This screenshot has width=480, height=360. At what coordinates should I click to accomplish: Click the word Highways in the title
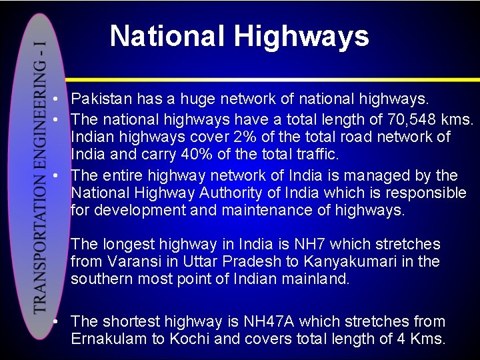(301, 36)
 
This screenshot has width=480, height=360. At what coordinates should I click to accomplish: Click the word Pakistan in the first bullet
(101, 100)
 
